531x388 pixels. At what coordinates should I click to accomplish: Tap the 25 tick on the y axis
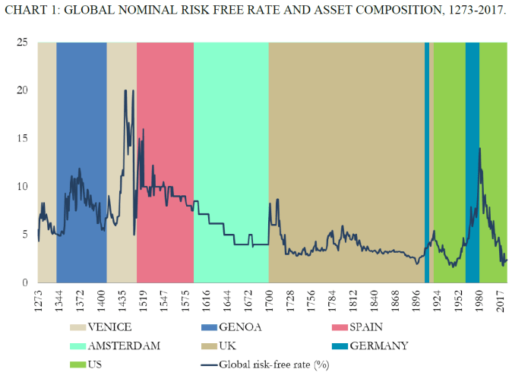coord(23,43)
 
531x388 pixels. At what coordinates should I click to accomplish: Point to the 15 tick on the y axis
coord(23,139)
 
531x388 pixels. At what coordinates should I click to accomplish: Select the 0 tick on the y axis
coord(26,282)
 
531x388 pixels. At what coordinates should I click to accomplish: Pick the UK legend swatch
coord(208,346)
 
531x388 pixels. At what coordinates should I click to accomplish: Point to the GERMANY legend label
coord(378,346)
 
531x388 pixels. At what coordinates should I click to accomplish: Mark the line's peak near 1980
coord(479,149)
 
